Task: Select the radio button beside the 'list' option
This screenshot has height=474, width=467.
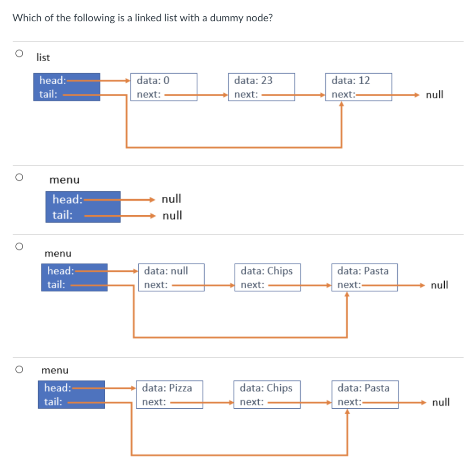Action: [19, 54]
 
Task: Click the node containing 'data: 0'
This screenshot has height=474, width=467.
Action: [164, 87]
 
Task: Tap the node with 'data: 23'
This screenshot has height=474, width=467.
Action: [261, 87]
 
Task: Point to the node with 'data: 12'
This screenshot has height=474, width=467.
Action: [358, 87]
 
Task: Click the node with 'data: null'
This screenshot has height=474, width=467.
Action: [171, 277]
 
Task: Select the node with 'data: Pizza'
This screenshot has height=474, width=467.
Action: [169, 394]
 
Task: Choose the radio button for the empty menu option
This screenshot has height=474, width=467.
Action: [19, 177]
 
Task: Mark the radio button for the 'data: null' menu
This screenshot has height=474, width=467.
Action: [19, 246]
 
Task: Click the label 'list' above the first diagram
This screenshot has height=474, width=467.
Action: [43, 58]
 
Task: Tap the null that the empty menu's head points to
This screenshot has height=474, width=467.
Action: [171, 199]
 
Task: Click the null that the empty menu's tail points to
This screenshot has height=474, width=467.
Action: [172, 215]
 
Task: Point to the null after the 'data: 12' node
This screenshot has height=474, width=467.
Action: [435, 95]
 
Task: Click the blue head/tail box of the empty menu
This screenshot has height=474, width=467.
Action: [83, 207]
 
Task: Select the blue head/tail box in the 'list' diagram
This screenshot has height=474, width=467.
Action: [66, 87]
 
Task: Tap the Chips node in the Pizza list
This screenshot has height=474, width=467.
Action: [267, 394]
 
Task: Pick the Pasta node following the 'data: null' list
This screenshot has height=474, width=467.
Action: [364, 277]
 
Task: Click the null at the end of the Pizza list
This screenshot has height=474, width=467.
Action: [441, 402]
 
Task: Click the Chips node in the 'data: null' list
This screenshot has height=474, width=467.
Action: [268, 277]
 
